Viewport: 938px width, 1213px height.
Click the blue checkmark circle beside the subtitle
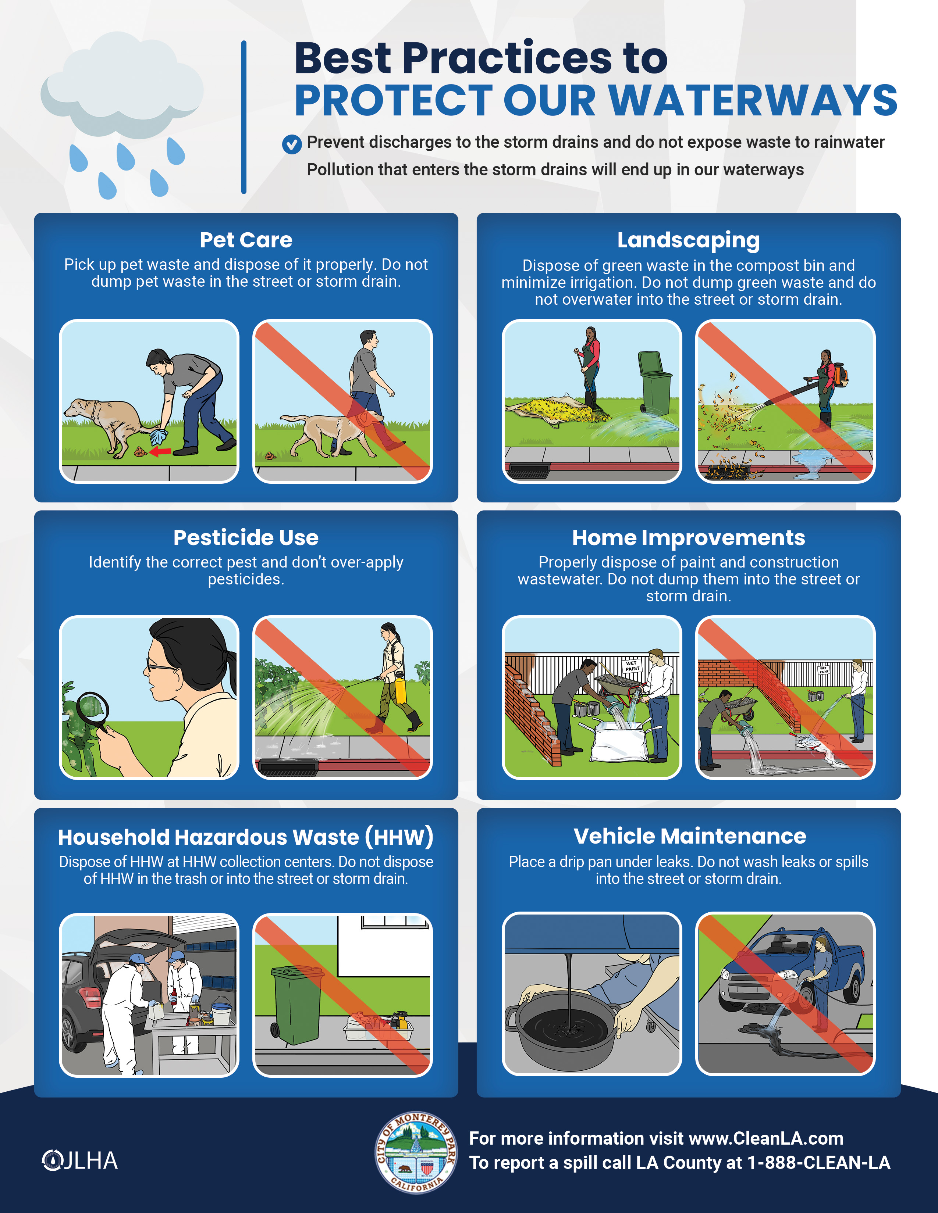pyautogui.click(x=292, y=144)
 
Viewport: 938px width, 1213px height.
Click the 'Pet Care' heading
pyautogui.click(x=246, y=240)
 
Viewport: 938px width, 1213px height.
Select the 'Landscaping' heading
pyautogui.click(x=689, y=240)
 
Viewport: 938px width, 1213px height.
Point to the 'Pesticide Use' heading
pyautogui.click(x=246, y=538)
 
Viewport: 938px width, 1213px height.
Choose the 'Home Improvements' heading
pyautogui.click(x=689, y=538)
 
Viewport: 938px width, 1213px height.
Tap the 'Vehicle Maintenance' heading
pyautogui.click(x=690, y=836)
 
